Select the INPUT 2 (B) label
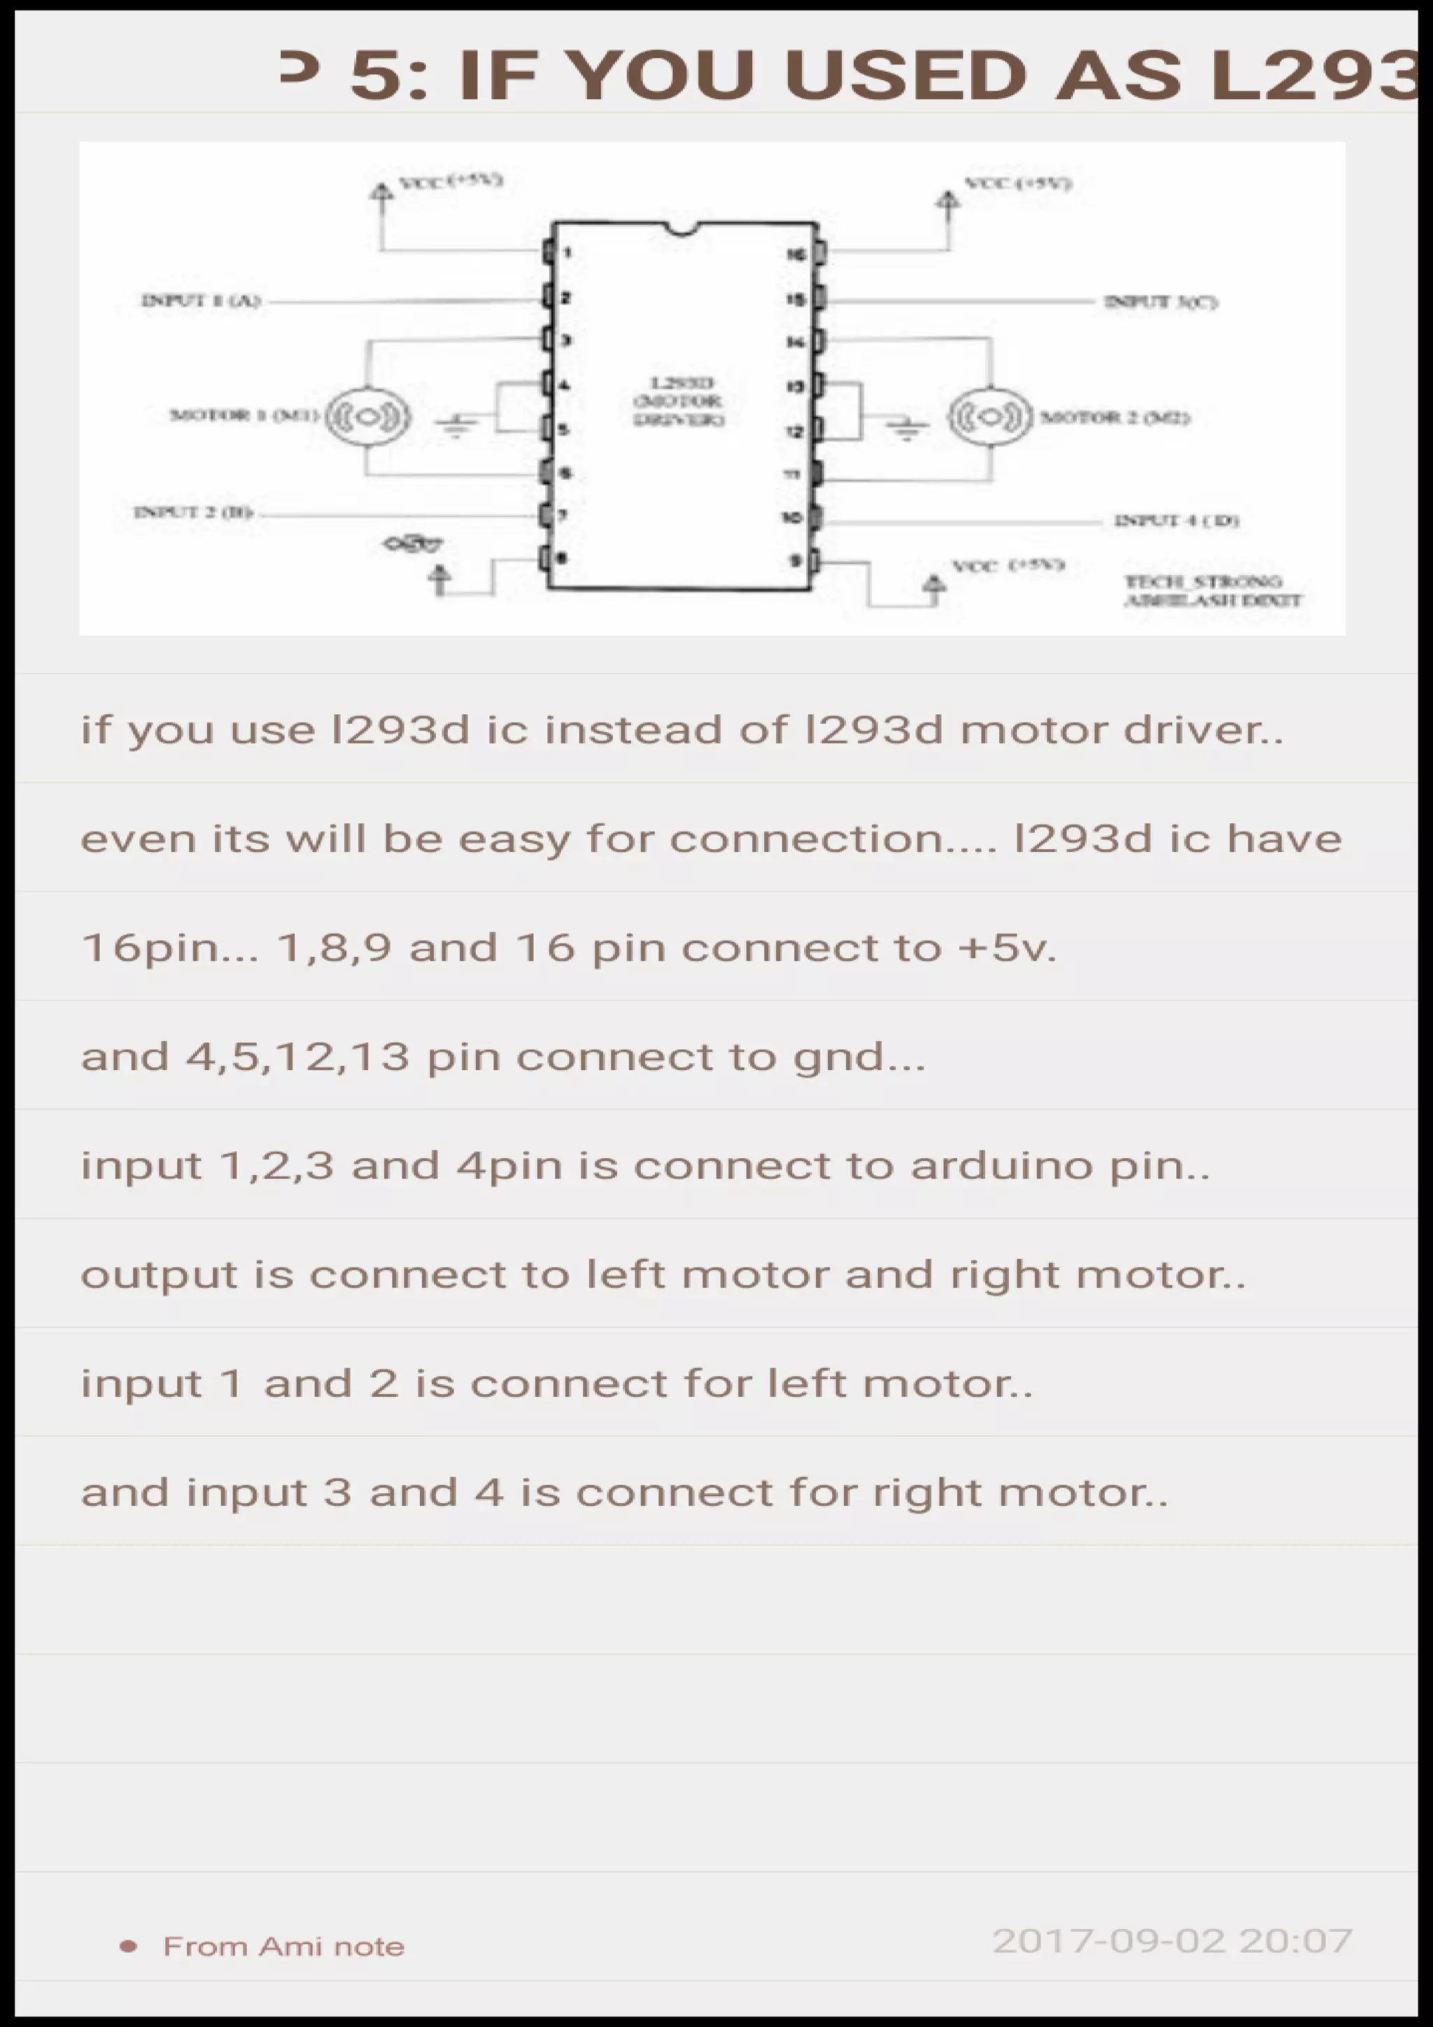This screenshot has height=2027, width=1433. coord(193,512)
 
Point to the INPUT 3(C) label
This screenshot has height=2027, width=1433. coord(1160,303)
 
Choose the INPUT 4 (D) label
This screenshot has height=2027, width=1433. coord(1176,521)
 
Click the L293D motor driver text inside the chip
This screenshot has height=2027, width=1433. coord(679,401)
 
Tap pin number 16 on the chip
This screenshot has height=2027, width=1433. coord(796,255)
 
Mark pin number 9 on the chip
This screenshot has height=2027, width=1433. coord(796,560)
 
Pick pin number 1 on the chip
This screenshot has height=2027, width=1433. coord(567,253)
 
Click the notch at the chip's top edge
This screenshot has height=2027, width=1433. coord(681,230)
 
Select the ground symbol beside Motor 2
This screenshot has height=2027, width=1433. coord(907,428)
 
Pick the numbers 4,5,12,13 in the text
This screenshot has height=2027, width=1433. coord(297,1057)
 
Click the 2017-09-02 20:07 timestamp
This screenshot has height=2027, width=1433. coord(1171,1940)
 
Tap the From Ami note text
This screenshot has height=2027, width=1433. coord(283,1947)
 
